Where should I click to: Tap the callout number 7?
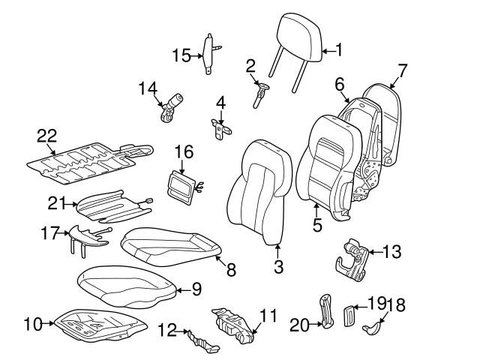[x=402, y=71]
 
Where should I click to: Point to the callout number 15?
[x=181, y=55]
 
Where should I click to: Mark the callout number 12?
[x=167, y=328]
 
